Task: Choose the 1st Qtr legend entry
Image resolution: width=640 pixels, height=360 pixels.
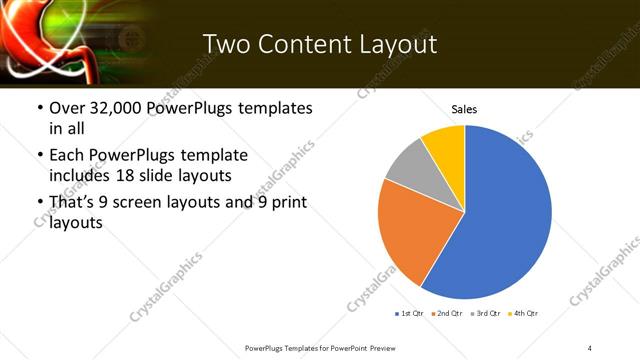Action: coord(411,314)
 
